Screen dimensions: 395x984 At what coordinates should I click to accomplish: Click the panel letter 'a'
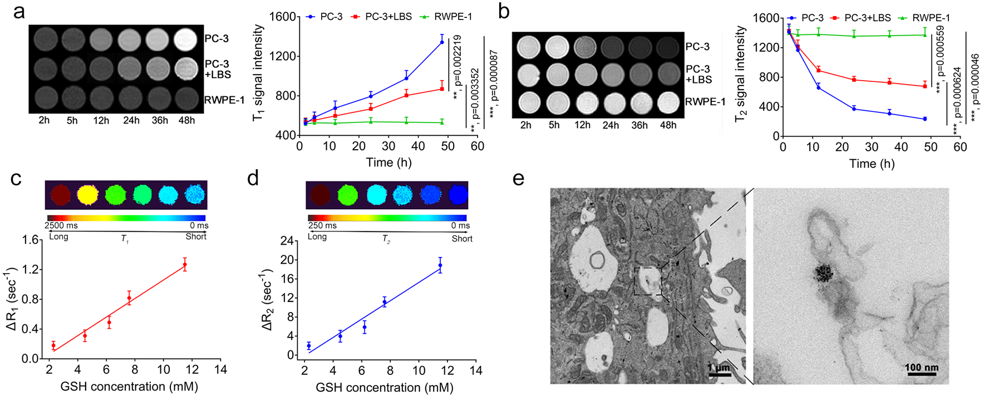click(x=19, y=11)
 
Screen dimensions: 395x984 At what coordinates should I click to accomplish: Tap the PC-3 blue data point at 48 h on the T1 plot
click(x=442, y=42)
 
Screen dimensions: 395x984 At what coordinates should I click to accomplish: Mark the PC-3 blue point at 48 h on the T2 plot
click(x=925, y=119)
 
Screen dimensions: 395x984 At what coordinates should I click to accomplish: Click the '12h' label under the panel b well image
click(x=582, y=125)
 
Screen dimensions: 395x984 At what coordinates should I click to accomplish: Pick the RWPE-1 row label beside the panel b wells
click(x=705, y=102)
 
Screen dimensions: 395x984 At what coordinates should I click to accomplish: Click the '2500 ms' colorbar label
click(x=61, y=226)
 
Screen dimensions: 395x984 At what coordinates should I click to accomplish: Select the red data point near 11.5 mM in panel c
click(x=185, y=264)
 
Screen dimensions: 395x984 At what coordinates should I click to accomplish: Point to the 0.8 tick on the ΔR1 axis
click(x=31, y=299)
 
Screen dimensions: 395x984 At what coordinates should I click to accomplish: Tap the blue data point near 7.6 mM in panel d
click(x=385, y=302)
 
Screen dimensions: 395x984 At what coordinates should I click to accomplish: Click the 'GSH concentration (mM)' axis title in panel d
click(x=384, y=387)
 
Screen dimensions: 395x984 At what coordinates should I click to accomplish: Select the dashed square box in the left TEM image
click(x=648, y=280)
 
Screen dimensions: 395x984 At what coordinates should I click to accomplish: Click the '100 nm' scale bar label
click(x=921, y=368)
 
